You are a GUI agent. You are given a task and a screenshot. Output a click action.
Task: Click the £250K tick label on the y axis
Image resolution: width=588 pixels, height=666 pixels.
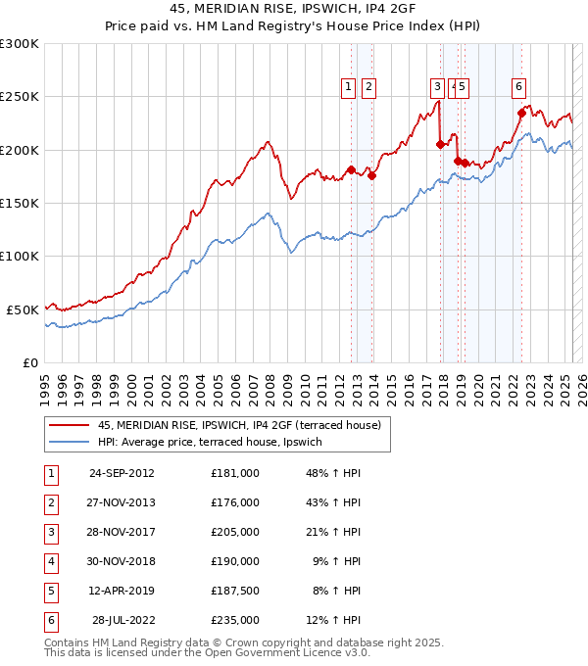point(20,97)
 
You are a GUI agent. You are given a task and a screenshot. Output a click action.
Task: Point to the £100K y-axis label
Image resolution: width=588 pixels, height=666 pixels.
point(20,256)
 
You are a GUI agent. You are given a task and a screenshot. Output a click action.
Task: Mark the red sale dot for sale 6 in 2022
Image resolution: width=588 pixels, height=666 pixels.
point(522,113)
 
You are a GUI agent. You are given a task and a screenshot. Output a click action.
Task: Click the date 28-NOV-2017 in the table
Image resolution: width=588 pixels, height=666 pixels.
point(122,532)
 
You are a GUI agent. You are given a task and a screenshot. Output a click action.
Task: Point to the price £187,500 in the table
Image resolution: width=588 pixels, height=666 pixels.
point(234,591)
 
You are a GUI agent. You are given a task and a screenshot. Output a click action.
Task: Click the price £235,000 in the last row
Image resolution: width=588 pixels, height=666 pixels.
point(234,620)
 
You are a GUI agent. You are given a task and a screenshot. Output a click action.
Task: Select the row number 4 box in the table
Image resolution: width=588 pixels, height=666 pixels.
point(51,561)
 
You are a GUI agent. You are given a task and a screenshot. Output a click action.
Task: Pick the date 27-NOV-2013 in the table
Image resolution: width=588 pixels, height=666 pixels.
point(122,502)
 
